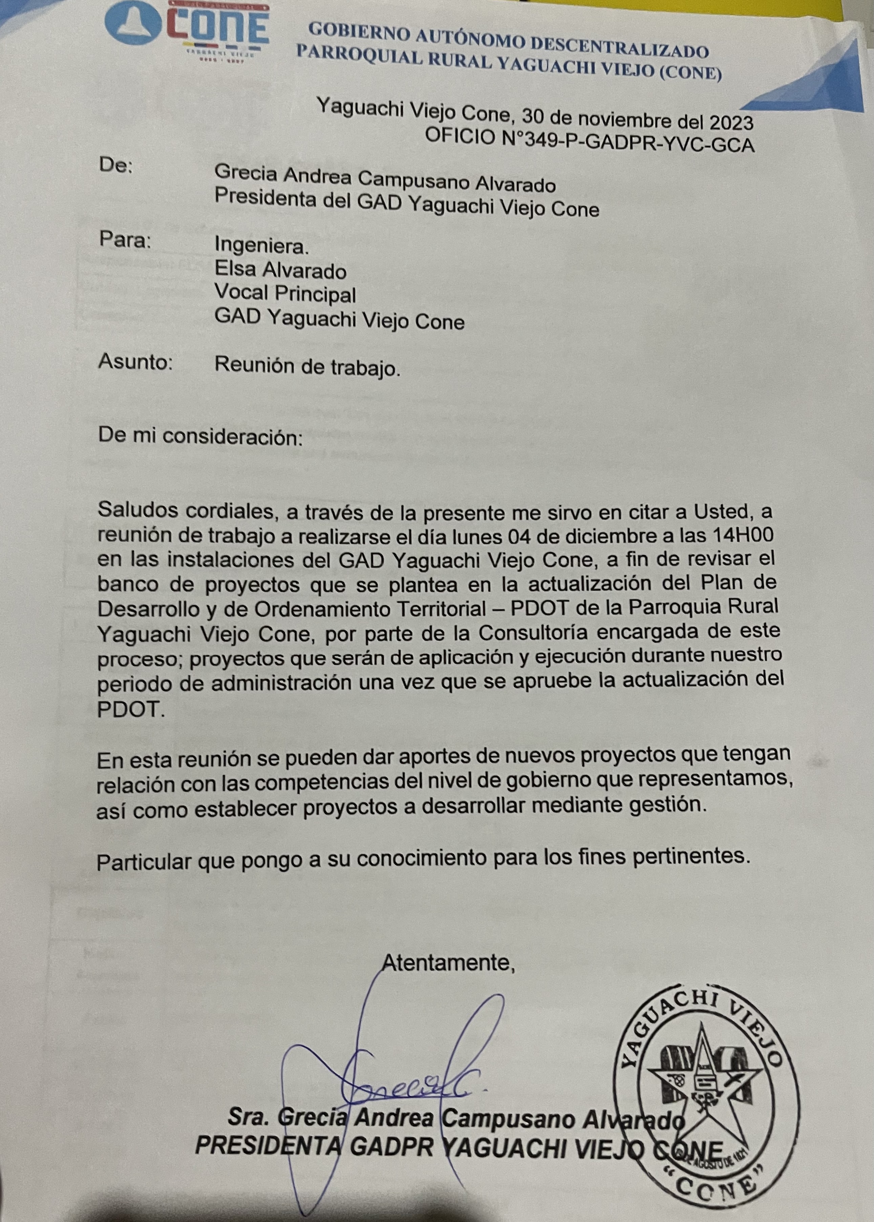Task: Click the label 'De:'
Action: [x=115, y=165]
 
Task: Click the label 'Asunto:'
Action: [x=135, y=362]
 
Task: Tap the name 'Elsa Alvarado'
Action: [x=280, y=270]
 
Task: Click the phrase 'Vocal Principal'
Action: [x=285, y=294]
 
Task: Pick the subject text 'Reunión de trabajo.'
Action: [x=307, y=366]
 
